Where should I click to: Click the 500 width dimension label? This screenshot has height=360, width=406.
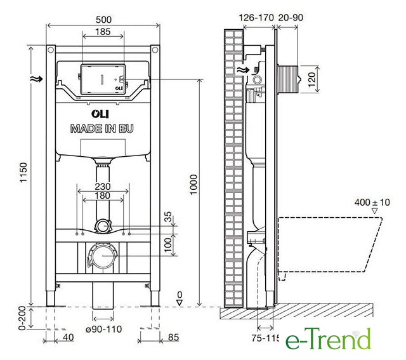(x=103, y=20)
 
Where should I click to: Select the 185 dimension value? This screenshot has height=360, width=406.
(x=103, y=32)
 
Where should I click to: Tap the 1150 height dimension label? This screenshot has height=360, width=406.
(x=23, y=172)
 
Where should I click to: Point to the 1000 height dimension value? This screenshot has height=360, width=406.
(x=193, y=184)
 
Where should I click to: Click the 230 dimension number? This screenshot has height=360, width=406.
(x=103, y=187)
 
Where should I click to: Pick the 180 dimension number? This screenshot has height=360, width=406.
(x=103, y=196)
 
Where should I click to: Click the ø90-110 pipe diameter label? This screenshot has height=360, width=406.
(x=103, y=329)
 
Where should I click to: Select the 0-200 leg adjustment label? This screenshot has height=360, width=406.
(x=22, y=318)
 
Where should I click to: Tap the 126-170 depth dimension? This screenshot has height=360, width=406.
(x=256, y=18)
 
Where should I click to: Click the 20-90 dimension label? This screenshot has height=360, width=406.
(x=291, y=18)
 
